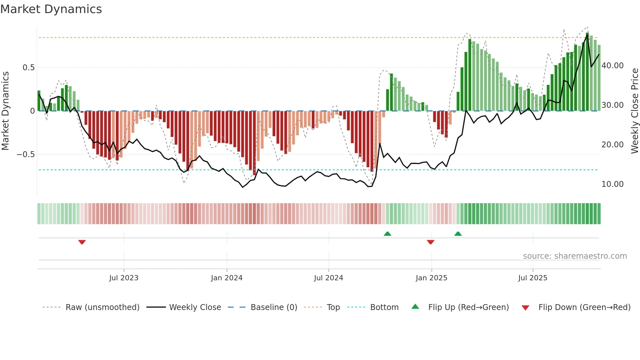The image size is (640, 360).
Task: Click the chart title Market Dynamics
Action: [x=51, y=9]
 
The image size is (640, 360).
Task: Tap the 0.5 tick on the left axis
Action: [x=28, y=68]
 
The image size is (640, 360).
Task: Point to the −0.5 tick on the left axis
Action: [x=26, y=154]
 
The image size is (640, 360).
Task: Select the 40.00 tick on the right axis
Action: [x=613, y=66]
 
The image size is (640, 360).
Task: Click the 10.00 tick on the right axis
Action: [x=613, y=184]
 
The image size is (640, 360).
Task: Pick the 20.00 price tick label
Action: [x=613, y=145]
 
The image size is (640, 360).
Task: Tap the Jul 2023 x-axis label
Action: [x=124, y=278]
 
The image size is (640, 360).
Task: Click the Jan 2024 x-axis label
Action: [x=227, y=278]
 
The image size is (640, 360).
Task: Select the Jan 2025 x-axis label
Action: [x=431, y=278]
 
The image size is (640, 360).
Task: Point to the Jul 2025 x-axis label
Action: [x=533, y=278]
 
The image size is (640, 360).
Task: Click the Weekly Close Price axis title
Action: [x=634, y=111]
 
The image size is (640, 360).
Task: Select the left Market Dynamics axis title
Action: [x=5, y=111]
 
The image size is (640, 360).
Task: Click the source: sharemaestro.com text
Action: [x=575, y=256]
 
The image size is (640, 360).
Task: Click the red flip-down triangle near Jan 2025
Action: [x=430, y=242]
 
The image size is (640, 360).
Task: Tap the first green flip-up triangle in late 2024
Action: [x=387, y=234]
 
